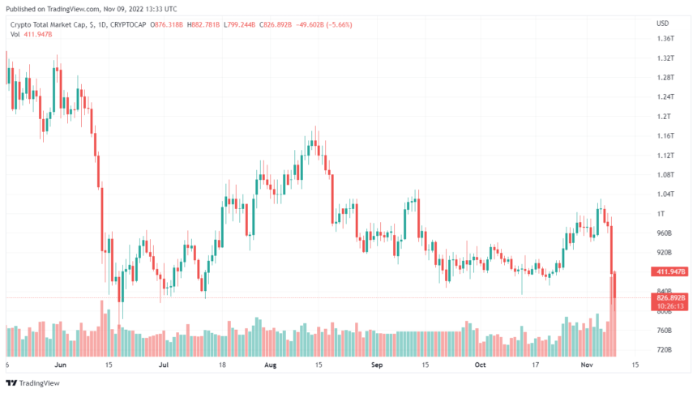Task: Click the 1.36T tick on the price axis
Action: pos(666,39)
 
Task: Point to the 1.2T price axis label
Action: pos(665,117)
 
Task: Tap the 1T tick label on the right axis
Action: pos(661,214)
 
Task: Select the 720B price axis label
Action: pos(665,350)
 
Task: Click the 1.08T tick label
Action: pos(666,175)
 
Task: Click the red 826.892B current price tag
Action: pos(670,298)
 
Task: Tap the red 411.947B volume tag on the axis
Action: pos(670,271)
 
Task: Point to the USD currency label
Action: pos(663,23)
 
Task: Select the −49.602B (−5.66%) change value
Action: pos(320,23)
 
